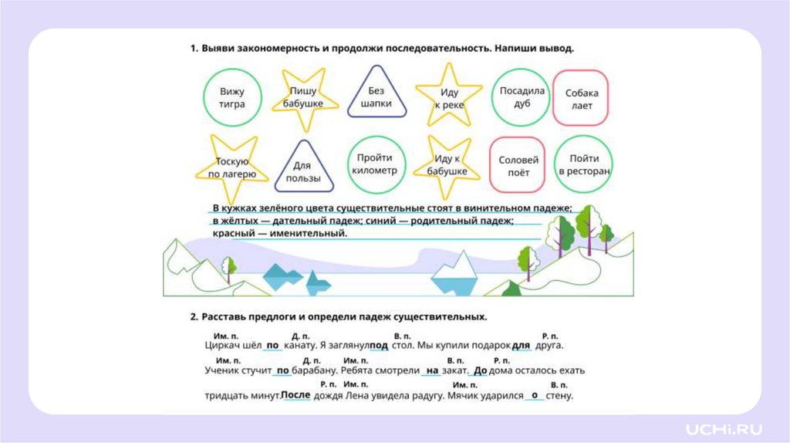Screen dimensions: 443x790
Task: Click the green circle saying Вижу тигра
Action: [x=232, y=97]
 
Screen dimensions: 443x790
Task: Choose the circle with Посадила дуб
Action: [x=522, y=96]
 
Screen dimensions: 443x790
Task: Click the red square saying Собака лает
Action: [x=581, y=99]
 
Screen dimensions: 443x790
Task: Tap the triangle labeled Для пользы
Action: [x=303, y=170]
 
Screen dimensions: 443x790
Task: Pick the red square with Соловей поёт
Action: [x=518, y=166]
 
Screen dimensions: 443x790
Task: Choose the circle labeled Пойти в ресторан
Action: [x=584, y=164]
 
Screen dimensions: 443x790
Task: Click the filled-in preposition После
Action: [x=295, y=395]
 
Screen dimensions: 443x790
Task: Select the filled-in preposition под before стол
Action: [x=379, y=345]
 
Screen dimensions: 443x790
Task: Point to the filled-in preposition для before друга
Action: [x=522, y=345]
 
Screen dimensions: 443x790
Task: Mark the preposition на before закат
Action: [x=432, y=370]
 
